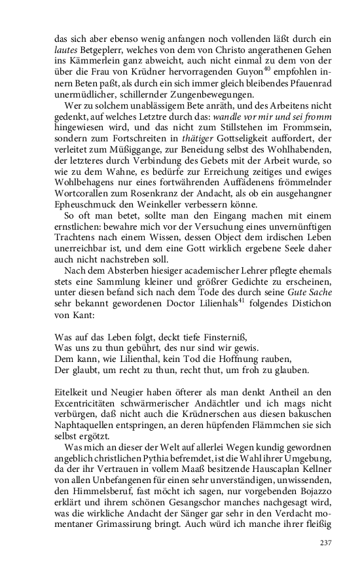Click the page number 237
326,543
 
